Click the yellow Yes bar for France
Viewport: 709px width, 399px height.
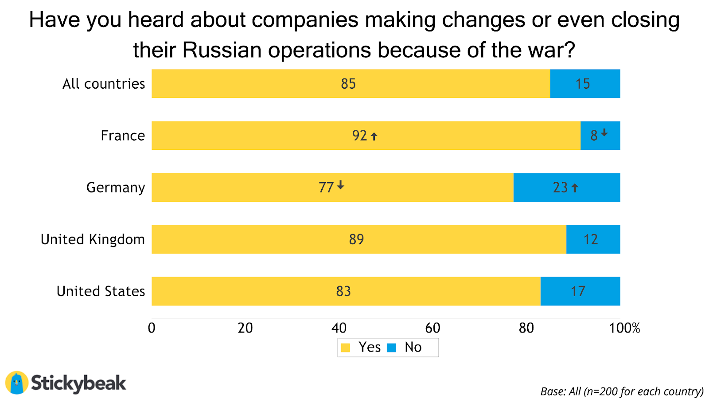[266, 136]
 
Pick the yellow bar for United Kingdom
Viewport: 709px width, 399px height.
[266, 239]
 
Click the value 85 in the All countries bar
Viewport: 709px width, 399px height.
[348, 84]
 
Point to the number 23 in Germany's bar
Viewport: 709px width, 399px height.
[560, 188]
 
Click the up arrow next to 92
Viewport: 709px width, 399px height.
[374, 137]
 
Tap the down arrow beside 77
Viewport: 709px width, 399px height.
[340, 185]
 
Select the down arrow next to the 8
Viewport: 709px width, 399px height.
[604, 133]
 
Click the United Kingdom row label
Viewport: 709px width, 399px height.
[93, 239]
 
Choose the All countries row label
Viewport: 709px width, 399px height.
[104, 84]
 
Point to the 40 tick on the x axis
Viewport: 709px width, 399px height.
[339, 328]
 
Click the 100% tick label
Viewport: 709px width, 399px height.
[624, 328]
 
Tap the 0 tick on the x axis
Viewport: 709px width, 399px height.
[152, 328]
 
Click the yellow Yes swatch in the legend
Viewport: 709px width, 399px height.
[345, 348]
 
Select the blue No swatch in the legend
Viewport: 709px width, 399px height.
[391, 348]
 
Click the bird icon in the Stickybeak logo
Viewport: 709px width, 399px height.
[17, 383]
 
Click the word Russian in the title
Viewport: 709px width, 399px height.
[222, 50]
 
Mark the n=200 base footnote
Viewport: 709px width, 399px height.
[622, 391]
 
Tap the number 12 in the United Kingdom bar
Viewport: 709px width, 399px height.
[591, 239]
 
